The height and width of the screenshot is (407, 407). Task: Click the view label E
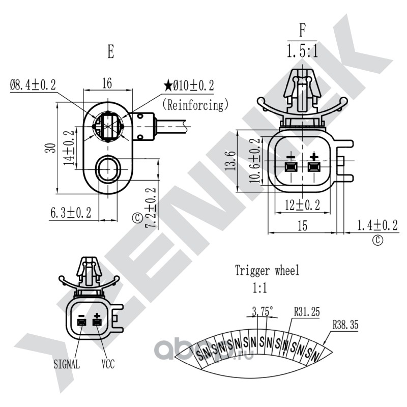tap(110, 51)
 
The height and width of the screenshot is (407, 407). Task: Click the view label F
tap(302, 31)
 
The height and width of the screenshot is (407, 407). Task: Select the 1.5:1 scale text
tap(302, 51)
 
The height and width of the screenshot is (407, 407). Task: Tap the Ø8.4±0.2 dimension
tap(33, 85)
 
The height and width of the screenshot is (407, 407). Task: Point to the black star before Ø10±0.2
tap(168, 85)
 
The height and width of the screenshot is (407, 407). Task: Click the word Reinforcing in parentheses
tap(195, 105)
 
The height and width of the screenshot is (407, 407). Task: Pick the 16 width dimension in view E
tap(107, 83)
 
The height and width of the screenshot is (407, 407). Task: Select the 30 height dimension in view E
tap(50, 148)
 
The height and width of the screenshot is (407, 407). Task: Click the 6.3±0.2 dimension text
tap(71, 213)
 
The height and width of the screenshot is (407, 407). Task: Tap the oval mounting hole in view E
tap(108, 169)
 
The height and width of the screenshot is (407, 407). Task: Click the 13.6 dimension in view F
tap(231, 161)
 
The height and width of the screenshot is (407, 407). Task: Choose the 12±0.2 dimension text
tap(302, 205)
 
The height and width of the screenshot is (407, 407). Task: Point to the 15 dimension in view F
tap(302, 225)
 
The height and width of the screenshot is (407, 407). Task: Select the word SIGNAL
tap(67, 364)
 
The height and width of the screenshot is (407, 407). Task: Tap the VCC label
tap(108, 364)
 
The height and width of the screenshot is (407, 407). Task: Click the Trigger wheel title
tap(267, 271)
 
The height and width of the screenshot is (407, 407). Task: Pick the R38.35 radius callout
tap(345, 325)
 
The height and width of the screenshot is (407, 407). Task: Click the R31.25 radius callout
tap(307, 312)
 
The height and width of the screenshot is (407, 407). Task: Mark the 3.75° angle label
tap(263, 311)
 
